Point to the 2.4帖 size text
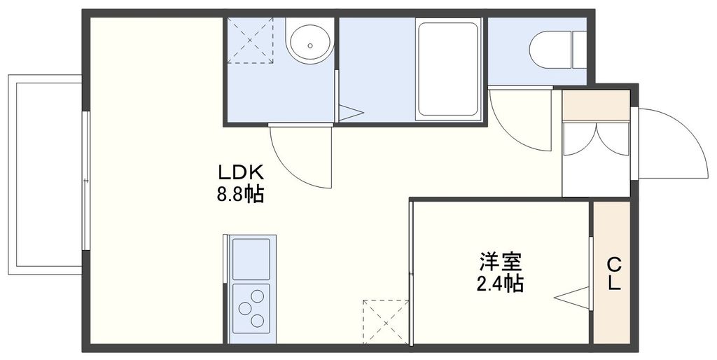click(500, 284)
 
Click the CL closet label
click(613, 274)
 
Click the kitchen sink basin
click(251, 258)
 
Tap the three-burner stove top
click(251, 307)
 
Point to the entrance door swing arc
click(669, 144)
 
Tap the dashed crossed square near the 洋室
click(386, 321)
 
